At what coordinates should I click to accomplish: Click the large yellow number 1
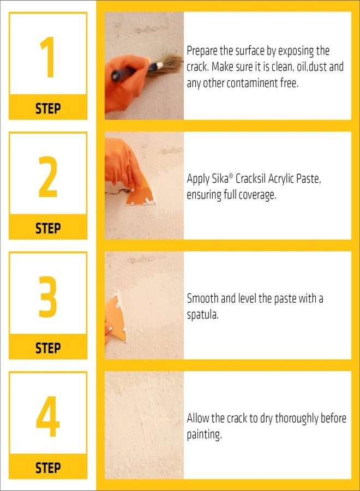[x=47, y=57]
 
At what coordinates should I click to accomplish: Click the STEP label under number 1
[x=48, y=108]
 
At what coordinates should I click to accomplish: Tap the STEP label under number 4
[x=48, y=468]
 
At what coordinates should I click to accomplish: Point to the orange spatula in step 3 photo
[x=117, y=316]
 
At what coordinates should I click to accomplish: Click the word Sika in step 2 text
[x=219, y=179]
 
